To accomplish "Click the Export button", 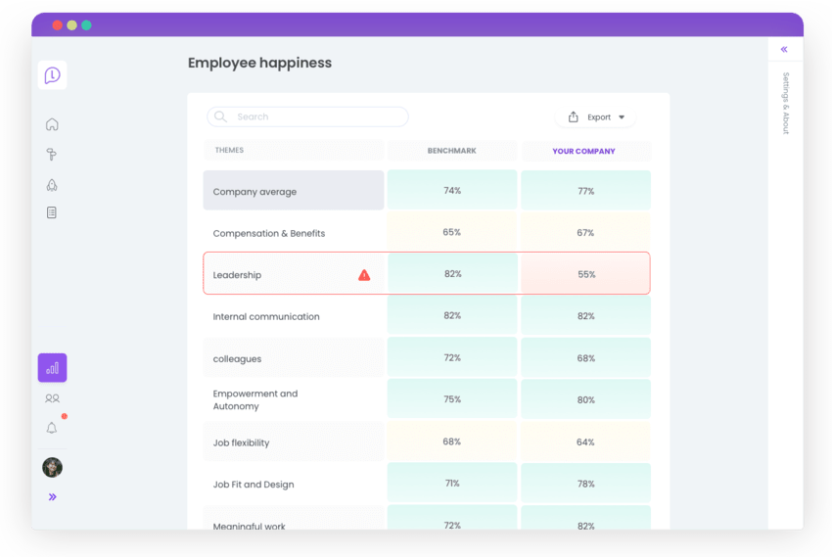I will coord(596,117).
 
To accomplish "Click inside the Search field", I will coord(307,116).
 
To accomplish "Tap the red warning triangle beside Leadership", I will coord(364,275).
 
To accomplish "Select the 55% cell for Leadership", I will coord(585,275).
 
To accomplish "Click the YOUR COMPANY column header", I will coord(584,151).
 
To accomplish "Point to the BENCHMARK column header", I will coord(452,151).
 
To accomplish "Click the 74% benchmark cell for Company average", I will coord(452,191).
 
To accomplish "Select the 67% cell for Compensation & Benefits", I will coord(585,233).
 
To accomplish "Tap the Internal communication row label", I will coord(266,316).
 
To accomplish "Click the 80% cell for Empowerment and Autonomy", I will coord(585,399).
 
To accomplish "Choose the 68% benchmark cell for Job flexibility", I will coord(452,441).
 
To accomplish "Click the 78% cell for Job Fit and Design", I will coord(585,484).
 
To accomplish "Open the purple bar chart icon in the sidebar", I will coord(52,368).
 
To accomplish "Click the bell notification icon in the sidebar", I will coord(52,428).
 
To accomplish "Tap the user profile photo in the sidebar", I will coord(52,467).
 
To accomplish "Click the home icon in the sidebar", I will coord(52,124).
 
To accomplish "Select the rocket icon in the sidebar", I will coord(52,184).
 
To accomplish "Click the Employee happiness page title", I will coord(259,63).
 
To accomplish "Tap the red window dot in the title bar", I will coord(57,24).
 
